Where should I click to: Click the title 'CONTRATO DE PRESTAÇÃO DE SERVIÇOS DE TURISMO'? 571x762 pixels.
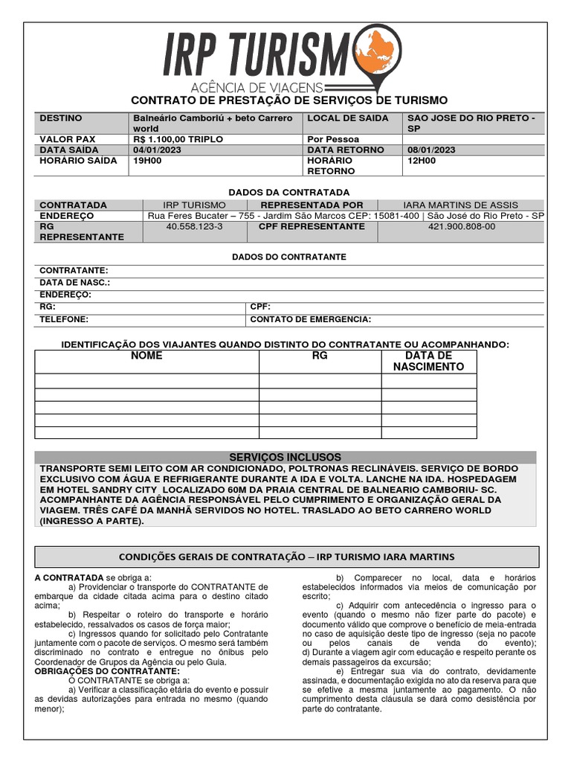click(x=289, y=100)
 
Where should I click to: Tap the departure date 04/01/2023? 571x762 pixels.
click(x=156, y=150)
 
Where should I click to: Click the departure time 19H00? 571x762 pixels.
click(x=146, y=160)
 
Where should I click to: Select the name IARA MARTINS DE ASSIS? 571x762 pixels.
click(x=460, y=205)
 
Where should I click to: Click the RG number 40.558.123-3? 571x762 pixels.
click(x=194, y=226)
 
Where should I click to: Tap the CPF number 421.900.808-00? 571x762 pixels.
click(x=461, y=226)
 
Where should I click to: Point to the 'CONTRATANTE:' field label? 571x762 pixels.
click(x=74, y=271)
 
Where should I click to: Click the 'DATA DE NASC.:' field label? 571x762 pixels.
click(x=74, y=283)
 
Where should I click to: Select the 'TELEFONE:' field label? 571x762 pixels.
click(x=64, y=319)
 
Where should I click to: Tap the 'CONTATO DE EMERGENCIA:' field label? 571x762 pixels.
click(x=311, y=319)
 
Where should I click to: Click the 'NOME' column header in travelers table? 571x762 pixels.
click(x=146, y=356)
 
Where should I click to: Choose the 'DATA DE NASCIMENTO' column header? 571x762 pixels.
click(x=428, y=361)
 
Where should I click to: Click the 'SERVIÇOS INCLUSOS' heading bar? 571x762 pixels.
click(x=285, y=457)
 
